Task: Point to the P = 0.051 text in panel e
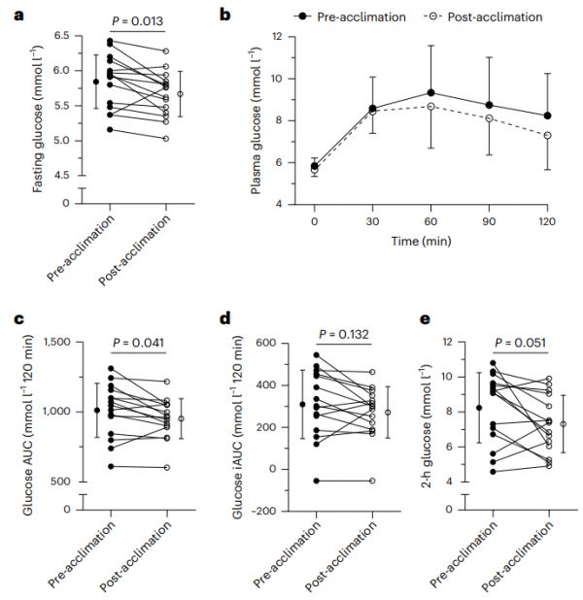point(520,342)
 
